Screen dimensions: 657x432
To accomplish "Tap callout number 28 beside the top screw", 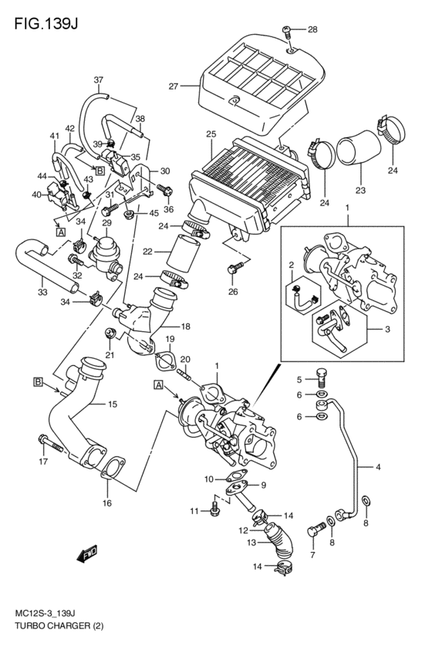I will click(x=312, y=30).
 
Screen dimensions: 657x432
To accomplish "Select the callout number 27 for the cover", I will click(x=174, y=86).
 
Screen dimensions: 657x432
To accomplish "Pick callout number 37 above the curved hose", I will click(x=98, y=80).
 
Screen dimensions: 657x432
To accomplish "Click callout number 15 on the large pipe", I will click(x=112, y=404).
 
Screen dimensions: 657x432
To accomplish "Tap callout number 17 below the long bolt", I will click(x=42, y=462).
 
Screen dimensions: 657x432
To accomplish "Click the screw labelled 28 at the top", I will click(x=287, y=32).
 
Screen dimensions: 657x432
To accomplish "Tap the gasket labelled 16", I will click(x=113, y=470).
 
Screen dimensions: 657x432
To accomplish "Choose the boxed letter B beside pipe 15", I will click(x=37, y=381).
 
